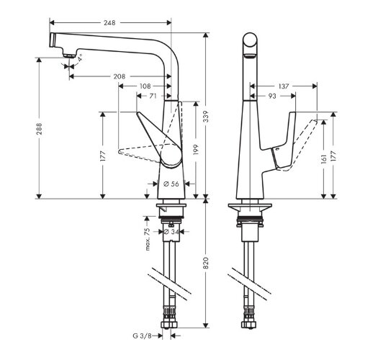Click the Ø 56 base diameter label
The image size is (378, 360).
[171, 184]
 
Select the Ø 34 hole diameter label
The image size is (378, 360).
[171, 232]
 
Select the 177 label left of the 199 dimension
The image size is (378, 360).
[104, 154]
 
